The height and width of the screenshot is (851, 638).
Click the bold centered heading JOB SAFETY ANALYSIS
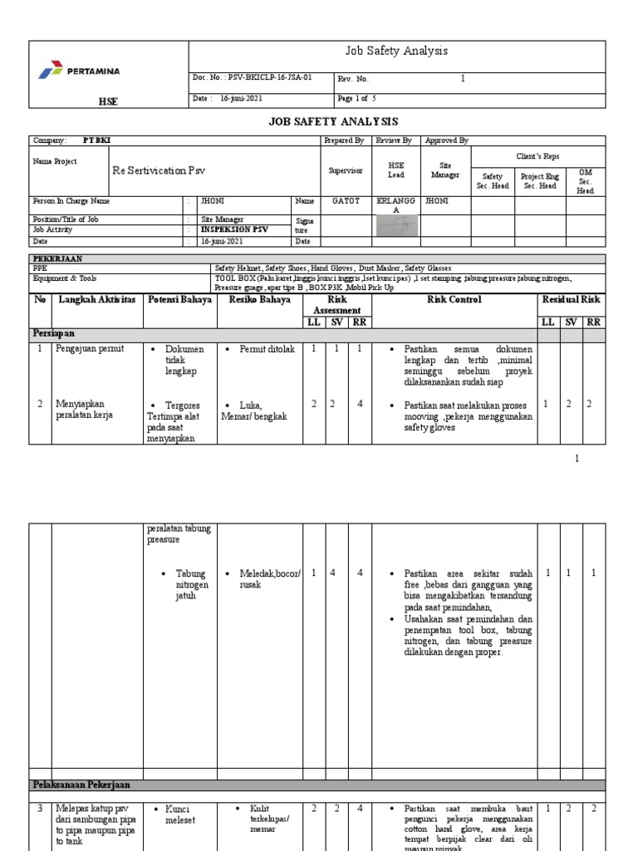[333, 121]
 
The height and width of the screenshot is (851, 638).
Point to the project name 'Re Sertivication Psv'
[158, 170]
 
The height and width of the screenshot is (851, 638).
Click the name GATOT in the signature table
[346, 201]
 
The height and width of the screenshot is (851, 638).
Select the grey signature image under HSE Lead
[396, 226]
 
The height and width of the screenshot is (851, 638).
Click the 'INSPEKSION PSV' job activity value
[235, 229]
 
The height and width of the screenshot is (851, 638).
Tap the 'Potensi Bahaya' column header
[179, 299]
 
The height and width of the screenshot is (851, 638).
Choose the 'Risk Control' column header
[454, 299]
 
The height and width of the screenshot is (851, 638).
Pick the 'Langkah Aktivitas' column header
[96, 299]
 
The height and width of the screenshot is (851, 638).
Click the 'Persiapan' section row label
[56, 332]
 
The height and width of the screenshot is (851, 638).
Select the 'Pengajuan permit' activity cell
[89, 349]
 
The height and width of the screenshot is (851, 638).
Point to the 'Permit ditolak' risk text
[266, 349]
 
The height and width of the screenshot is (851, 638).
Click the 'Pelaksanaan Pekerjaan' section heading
[81, 785]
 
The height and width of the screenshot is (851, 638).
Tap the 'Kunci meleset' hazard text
[178, 814]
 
